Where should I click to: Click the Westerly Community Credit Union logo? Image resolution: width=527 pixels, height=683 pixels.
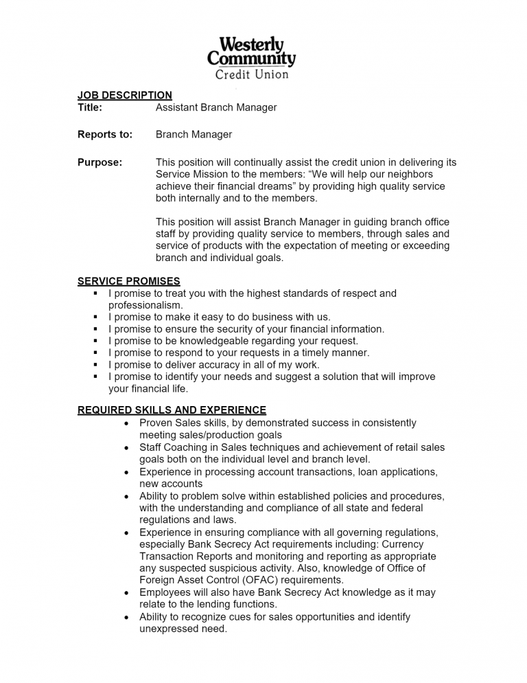point(251,58)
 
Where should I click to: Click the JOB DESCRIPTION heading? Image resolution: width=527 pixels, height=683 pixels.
point(124,96)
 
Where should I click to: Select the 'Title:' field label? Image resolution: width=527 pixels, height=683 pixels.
point(90,107)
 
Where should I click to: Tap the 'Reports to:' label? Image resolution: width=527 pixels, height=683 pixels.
point(105,135)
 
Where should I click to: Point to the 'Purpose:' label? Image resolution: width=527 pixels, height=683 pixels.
point(100,163)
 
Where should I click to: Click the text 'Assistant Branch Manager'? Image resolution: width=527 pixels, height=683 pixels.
point(216,107)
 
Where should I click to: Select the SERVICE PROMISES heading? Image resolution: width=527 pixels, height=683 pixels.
point(129,281)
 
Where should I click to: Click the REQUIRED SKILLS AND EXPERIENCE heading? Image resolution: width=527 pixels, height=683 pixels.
point(172,410)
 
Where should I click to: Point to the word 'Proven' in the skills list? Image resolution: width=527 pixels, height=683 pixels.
point(156,423)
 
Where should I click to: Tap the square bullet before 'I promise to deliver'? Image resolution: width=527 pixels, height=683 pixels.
point(95,365)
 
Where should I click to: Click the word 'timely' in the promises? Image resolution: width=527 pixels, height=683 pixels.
point(310,353)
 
